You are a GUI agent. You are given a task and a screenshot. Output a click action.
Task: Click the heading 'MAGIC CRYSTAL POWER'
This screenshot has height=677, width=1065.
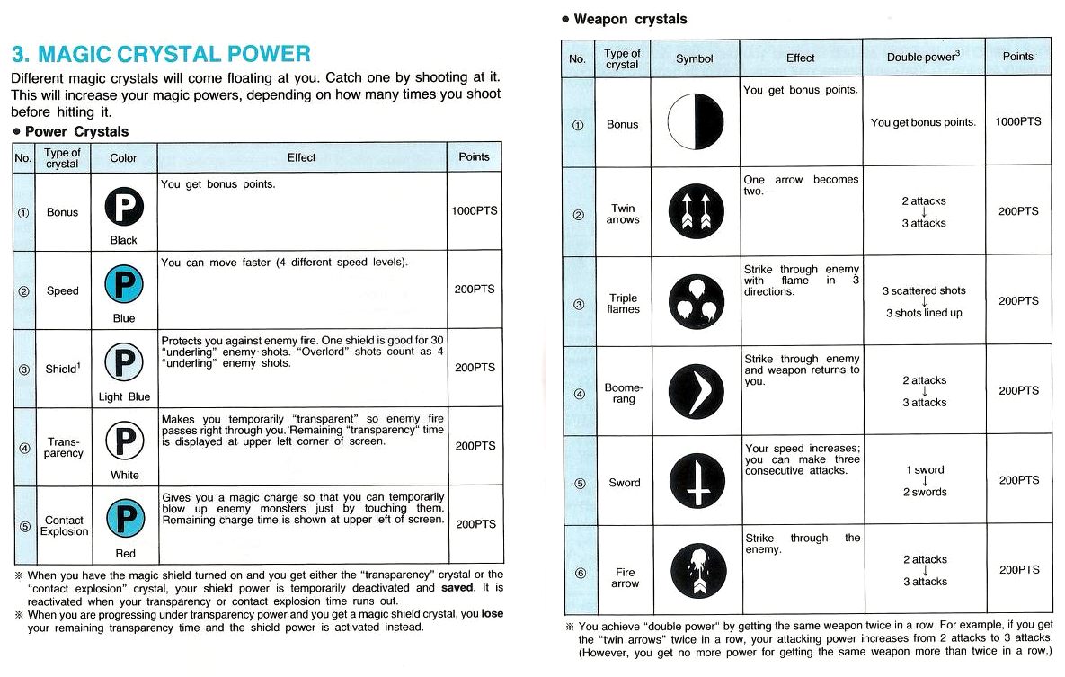pos(161,54)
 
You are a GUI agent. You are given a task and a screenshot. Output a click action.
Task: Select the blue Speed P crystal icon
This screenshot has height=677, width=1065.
pos(123,286)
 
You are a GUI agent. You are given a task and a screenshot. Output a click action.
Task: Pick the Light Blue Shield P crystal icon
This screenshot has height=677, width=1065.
pos(123,364)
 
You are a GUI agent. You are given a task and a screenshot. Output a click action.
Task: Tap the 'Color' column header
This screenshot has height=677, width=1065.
pos(123,158)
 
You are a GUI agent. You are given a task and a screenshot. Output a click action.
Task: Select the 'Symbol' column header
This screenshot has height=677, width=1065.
pos(694,58)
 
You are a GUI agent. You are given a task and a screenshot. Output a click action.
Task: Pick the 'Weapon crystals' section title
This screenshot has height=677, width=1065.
pos(629,19)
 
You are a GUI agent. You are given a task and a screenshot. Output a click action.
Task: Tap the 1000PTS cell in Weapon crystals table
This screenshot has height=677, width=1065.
pos(1017,122)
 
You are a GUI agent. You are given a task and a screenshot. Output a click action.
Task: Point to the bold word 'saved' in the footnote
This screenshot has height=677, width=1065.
pos(457,588)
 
